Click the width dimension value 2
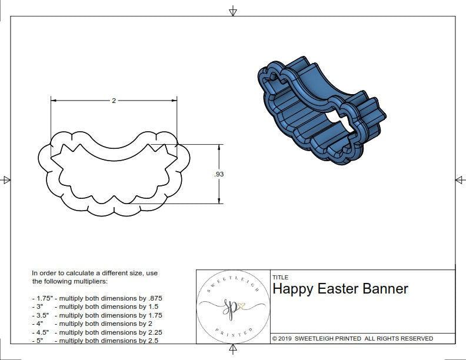pyautogui.click(x=114, y=101)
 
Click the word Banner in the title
pyautogui.click(x=385, y=289)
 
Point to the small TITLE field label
pyautogui.click(x=280, y=278)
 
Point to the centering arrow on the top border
pyautogui.click(x=233, y=11)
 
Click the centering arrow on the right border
pyautogui.click(x=459, y=180)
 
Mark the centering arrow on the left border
pyautogui.click(x=6, y=180)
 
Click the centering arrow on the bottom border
pyautogui.click(x=233, y=350)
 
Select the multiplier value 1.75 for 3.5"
pyautogui.click(x=154, y=315)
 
